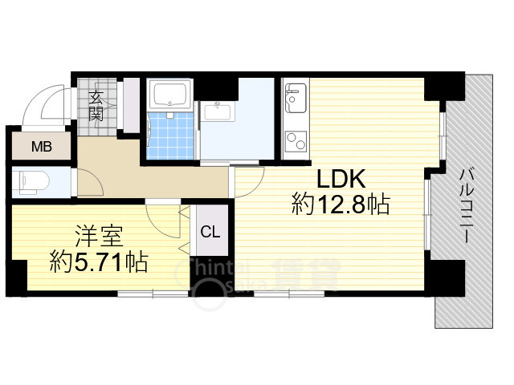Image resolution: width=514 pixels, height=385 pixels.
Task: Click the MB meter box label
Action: pos(42,147)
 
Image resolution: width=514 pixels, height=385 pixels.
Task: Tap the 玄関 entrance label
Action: pos(96,106)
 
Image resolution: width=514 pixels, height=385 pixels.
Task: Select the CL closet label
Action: pos(210,232)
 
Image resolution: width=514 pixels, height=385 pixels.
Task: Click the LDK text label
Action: pos(341,179)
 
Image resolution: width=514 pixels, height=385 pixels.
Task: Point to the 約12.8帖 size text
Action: pos(341,205)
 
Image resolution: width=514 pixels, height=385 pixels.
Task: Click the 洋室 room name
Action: pos(99,236)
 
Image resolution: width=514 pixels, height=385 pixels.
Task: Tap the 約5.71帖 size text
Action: pos(99,262)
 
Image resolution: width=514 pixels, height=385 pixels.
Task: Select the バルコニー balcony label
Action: pos(466,206)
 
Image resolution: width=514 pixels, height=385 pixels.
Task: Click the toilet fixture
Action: pos(34,182)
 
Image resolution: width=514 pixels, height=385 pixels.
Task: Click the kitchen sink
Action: pos(296,98)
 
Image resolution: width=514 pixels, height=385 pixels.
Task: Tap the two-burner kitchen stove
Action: pos(296,142)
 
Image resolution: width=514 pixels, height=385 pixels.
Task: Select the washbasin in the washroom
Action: pos(217,111)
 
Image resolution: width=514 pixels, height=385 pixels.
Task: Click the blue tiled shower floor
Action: pos(170,136)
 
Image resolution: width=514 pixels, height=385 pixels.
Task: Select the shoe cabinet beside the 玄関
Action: pos(131,105)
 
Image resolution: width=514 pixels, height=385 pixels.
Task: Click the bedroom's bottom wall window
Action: pos(153,294)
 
